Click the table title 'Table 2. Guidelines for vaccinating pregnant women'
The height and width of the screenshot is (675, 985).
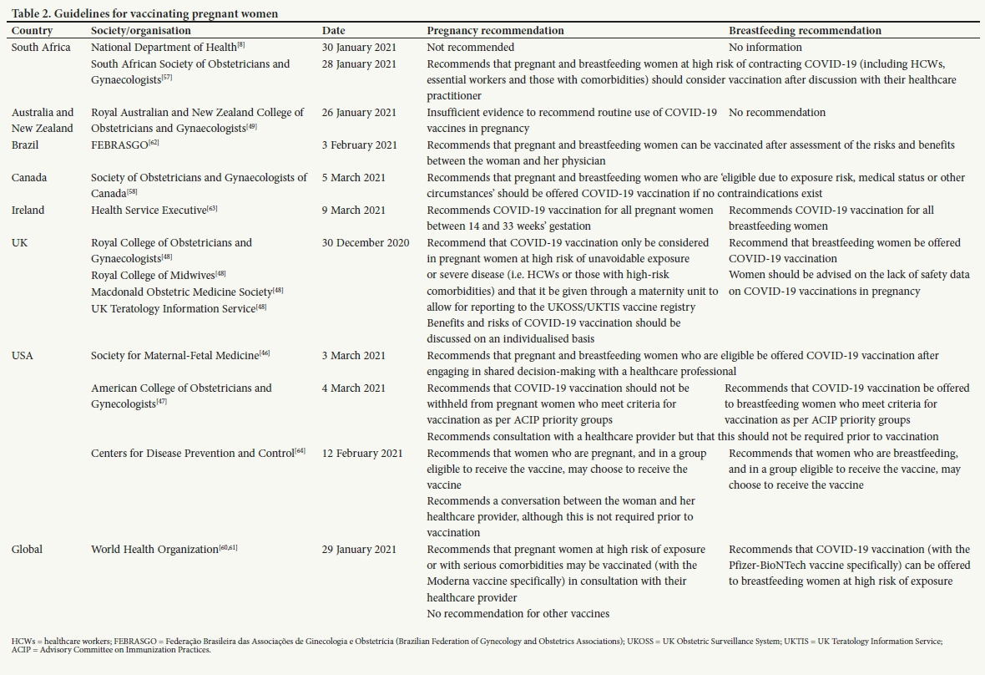pyautogui.click(x=145, y=13)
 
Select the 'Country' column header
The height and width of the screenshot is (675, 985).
pyautogui.click(x=32, y=31)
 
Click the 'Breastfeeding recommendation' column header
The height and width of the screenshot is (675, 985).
pyautogui.click(x=805, y=31)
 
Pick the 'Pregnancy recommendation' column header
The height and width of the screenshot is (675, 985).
pyautogui.click(x=495, y=31)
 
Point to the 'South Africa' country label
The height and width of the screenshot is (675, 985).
pyautogui.click(x=41, y=48)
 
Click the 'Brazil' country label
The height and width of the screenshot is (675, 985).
pyautogui.click(x=25, y=145)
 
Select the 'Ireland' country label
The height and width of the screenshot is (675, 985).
pyautogui.click(x=28, y=211)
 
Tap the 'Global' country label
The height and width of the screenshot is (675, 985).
pyautogui.click(x=27, y=550)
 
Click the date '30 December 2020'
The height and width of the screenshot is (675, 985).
pyautogui.click(x=366, y=243)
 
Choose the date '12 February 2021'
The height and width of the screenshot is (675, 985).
pyautogui.click(x=362, y=454)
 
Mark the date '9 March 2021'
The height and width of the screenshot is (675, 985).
pyautogui.click(x=354, y=211)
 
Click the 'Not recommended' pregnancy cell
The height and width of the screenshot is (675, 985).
pyautogui.click(x=470, y=48)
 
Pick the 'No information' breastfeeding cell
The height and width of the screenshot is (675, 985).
pyautogui.click(x=765, y=48)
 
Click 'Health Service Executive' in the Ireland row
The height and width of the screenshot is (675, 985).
pyautogui.click(x=153, y=211)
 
